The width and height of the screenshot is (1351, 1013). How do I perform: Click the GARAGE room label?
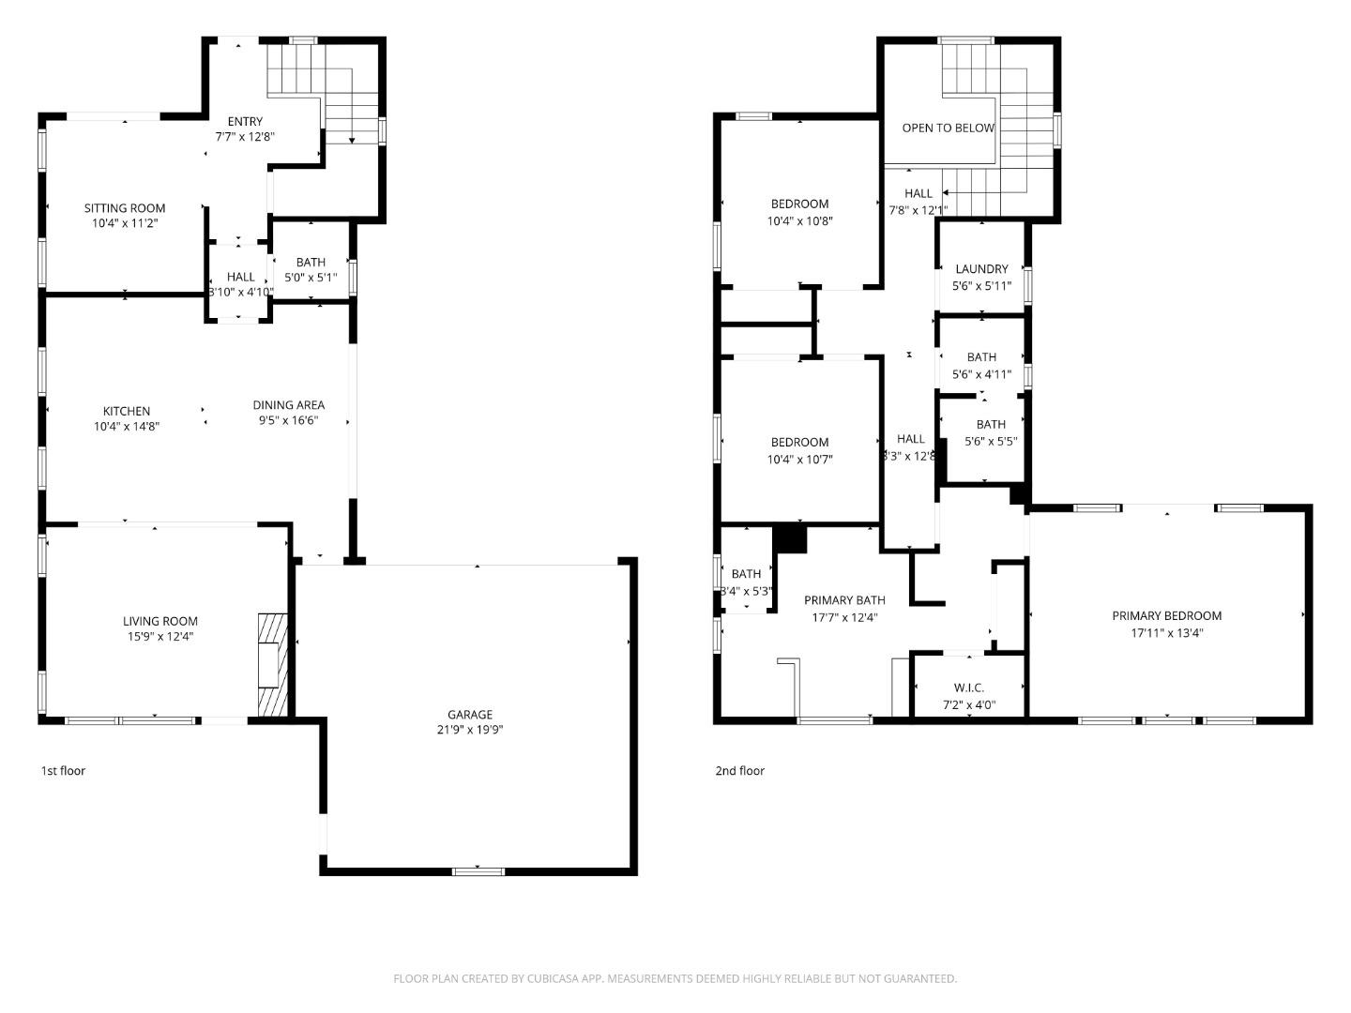coord(469,714)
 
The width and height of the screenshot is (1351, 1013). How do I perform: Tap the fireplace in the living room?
coord(270,665)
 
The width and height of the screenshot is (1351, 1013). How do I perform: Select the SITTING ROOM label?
coord(125,208)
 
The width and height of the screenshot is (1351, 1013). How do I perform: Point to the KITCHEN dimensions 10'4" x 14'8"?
coord(127,427)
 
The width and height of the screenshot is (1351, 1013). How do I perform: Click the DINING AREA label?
coord(289,405)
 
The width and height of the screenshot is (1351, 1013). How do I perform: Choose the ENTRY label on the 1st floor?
coord(245,121)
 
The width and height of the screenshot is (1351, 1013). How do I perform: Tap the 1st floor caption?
coord(63,771)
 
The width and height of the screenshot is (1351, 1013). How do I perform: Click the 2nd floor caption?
coord(739,771)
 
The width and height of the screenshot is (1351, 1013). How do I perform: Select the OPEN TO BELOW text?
coord(948,128)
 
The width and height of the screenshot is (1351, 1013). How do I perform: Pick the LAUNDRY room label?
coord(981,269)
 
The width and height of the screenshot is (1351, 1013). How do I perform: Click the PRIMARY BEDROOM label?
coord(1166,616)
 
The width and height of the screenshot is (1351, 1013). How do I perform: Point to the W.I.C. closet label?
coord(969,688)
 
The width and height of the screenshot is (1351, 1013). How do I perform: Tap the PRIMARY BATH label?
coord(844,600)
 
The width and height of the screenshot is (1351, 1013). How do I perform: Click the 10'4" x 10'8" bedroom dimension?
coord(800,221)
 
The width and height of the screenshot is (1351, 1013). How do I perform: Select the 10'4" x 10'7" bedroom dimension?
coord(800,460)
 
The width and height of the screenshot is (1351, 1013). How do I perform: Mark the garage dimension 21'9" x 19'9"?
coord(469,730)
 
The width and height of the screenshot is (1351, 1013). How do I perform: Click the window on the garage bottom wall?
coord(478,871)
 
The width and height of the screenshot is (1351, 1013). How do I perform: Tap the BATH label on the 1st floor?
coord(311,263)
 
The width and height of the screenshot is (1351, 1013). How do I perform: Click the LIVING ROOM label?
coord(160,621)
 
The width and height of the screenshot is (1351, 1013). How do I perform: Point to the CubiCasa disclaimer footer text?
coord(675,978)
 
